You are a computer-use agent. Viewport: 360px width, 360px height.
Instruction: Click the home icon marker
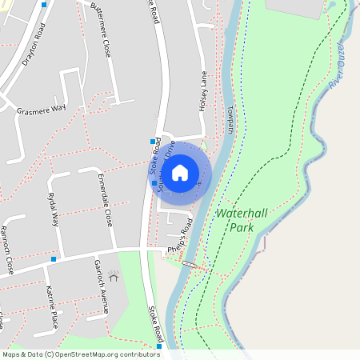coord(180,171)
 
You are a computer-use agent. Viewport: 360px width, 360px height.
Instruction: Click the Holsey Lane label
coord(204,90)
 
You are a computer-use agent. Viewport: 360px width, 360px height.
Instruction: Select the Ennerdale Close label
coord(105,198)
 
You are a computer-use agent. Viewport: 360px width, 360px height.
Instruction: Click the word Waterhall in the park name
coord(243,214)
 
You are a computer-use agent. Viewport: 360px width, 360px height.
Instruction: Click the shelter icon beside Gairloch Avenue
coord(113,274)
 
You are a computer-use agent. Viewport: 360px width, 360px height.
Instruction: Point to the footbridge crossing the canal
coord(190,264)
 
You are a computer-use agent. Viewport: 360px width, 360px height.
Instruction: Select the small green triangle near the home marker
coord(204,145)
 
